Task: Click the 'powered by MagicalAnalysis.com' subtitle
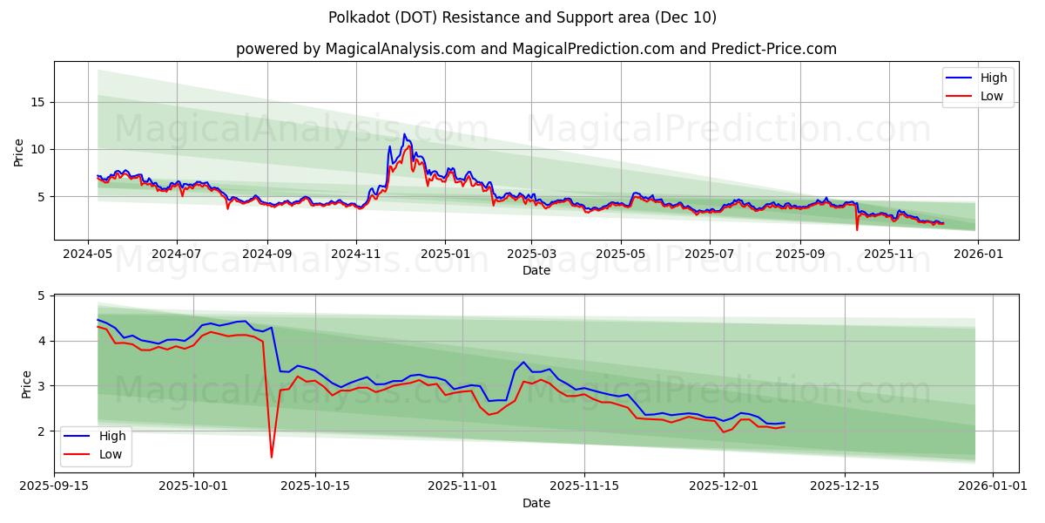coord(536,49)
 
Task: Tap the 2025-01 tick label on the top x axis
coord(445,255)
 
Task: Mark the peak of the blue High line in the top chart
coord(404,133)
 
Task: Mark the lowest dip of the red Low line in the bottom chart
coord(272,457)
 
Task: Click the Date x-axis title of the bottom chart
coord(536,503)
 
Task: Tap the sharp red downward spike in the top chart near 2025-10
coord(857,229)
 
